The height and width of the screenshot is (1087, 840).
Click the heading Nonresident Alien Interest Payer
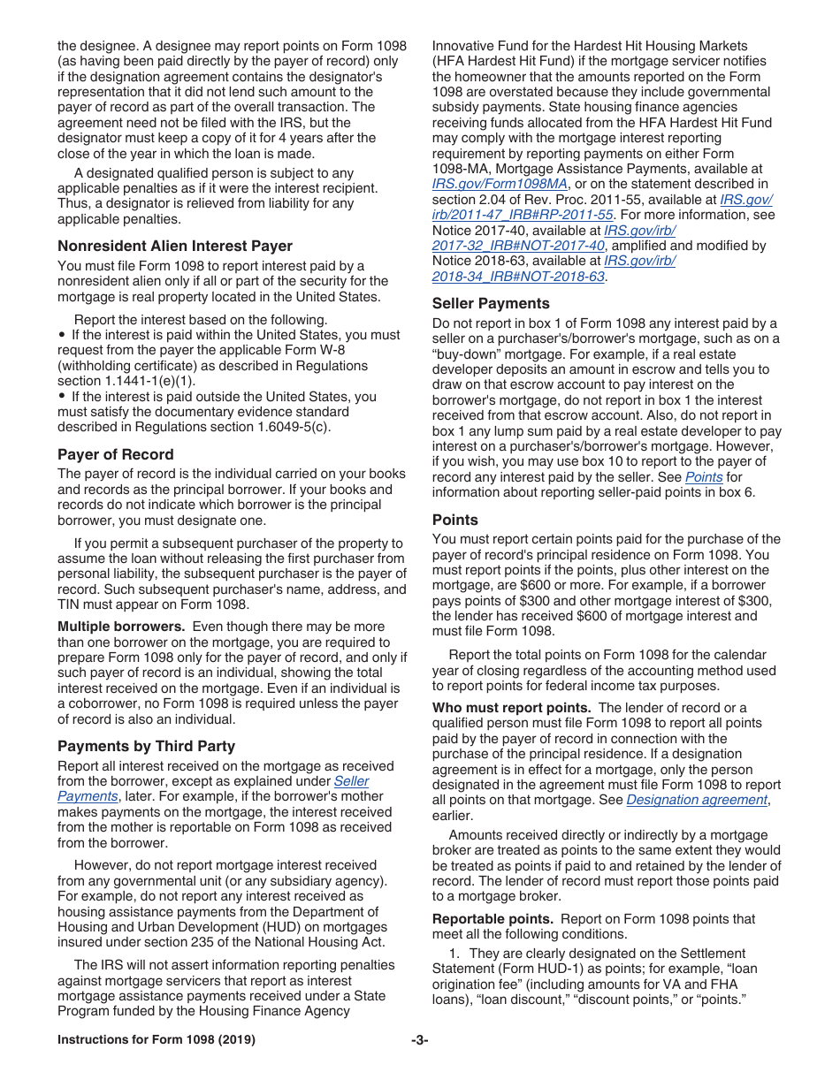[174, 246]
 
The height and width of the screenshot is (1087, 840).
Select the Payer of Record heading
[115, 454]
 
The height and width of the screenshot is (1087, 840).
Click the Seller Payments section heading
[491, 303]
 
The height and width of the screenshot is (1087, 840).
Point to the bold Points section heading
[454, 520]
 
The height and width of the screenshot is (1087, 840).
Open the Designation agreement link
[697, 800]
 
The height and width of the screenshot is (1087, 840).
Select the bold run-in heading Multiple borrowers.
[121, 627]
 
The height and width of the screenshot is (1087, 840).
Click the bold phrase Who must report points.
[511, 708]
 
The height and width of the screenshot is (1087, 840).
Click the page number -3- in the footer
[419, 1040]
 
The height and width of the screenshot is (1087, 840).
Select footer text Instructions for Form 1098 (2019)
[157, 1040]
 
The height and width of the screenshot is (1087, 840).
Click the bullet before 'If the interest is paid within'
[62, 335]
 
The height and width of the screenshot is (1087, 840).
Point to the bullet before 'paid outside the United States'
[62, 397]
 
